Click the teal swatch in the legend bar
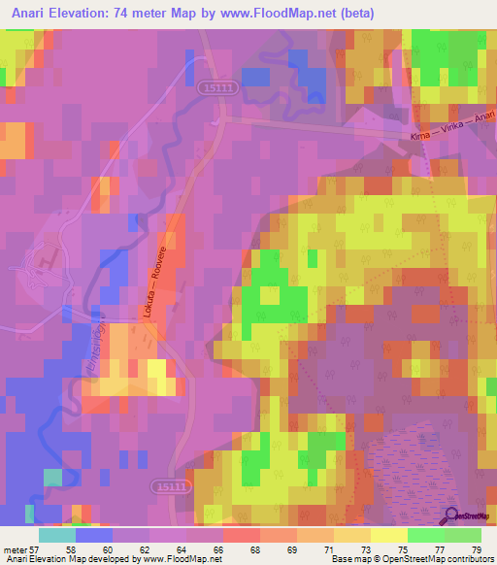point(57,536)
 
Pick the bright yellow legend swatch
point(389,536)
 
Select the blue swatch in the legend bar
point(94,536)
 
